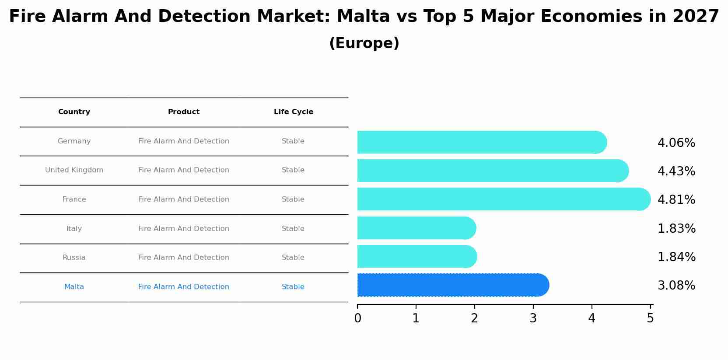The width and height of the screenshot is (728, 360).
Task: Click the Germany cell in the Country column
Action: [74, 141]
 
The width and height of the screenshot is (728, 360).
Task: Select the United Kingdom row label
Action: [74, 170]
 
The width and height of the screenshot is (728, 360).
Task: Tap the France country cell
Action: [74, 199]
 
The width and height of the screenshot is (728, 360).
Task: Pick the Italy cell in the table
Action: [74, 229]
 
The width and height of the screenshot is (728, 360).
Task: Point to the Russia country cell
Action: [74, 258]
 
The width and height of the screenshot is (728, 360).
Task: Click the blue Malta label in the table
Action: [74, 287]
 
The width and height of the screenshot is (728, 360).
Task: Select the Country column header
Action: [74, 112]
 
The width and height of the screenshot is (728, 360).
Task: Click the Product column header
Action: [184, 112]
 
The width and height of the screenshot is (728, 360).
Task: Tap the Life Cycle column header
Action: [294, 112]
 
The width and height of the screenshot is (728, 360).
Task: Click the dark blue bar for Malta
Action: [451, 285]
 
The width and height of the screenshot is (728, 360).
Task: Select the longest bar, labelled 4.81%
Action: [503, 199]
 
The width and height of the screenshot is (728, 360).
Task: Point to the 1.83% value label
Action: [676, 229]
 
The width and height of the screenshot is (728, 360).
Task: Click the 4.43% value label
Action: [676, 171]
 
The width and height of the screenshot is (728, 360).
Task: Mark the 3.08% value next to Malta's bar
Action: [676, 286]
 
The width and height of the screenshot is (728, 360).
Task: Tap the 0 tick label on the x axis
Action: [357, 318]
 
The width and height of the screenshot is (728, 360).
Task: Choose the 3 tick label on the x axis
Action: [533, 318]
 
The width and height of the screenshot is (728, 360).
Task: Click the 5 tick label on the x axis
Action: [650, 318]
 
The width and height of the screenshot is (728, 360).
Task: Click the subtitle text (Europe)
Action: [364, 43]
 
